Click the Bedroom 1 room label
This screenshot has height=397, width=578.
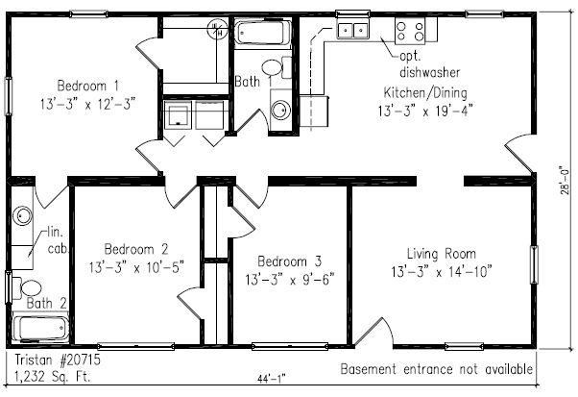tap(88, 86)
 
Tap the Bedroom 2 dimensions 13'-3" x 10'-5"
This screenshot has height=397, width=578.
tap(136, 267)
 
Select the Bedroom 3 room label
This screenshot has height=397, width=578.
tap(289, 261)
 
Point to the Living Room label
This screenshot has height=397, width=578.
tap(442, 254)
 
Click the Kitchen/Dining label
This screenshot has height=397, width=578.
tap(425, 92)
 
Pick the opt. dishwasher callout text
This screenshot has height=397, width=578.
tap(430, 63)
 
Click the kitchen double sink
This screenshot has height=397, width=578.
tap(352, 30)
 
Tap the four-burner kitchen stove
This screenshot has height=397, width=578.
tap(410, 31)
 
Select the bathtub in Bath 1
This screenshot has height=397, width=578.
tap(263, 34)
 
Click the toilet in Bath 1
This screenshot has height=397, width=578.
tap(277, 67)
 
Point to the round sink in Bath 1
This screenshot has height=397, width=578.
tap(281, 110)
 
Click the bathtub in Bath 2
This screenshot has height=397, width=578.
tap(40, 328)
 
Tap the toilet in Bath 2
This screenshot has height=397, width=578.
tap(27, 287)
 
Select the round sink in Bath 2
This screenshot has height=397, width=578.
tap(22, 216)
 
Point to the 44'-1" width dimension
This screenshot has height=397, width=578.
tap(272, 379)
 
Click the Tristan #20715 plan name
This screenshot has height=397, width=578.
tap(58, 360)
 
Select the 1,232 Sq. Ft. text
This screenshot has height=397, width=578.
tap(52, 377)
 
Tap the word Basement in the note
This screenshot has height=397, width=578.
tap(369, 368)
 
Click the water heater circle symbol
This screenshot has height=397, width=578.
tap(216, 29)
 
